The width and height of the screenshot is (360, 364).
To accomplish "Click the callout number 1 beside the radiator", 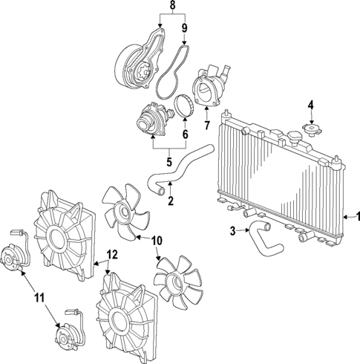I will point(354,216).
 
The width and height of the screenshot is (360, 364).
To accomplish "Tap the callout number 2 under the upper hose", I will point(171,201).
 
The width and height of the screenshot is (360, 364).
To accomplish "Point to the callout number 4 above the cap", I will point(311,104).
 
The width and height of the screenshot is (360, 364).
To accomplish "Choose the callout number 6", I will point(185,136).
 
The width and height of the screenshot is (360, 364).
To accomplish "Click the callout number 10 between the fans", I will point(157,239).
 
